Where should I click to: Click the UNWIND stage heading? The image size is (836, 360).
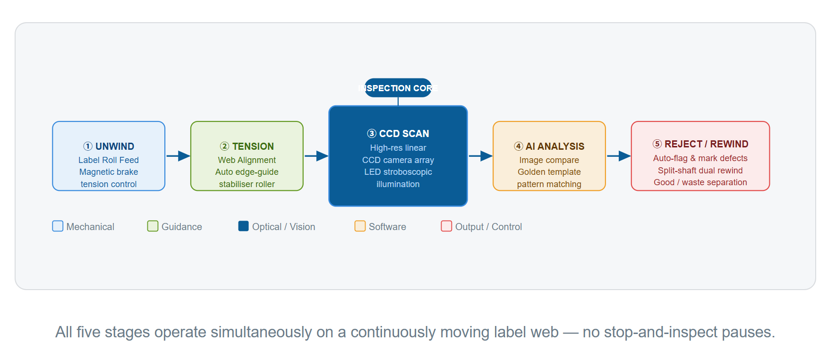pyautogui.click(x=109, y=146)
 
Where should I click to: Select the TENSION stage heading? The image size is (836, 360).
pyautogui.click(x=247, y=146)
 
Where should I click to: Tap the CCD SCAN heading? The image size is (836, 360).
pyautogui.click(x=398, y=134)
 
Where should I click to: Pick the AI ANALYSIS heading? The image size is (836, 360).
pyautogui.click(x=549, y=146)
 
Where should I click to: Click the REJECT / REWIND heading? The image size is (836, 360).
pyautogui.click(x=700, y=144)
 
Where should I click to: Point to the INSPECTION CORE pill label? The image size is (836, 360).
pyautogui.click(x=398, y=88)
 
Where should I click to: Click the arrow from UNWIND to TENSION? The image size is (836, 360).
pyautogui.click(x=178, y=155)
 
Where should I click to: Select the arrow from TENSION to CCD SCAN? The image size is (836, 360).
pyautogui.click(x=316, y=155)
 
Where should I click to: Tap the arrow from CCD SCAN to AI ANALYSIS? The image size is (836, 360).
pyautogui.click(x=480, y=155)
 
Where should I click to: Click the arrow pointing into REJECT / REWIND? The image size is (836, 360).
pyautogui.click(x=619, y=155)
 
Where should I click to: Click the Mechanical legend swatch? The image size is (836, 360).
pyautogui.click(x=58, y=226)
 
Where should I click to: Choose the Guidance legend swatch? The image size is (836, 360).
pyautogui.click(x=153, y=226)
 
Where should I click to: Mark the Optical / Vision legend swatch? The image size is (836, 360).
pyautogui.click(x=243, y=226)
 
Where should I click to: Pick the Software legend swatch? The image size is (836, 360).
pyautogui.click(x=360, y=226)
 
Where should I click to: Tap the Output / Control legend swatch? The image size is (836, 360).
pyautogui.click(x=446, y=226)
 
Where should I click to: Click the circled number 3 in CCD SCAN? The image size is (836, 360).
pyautogui.click(x=372, y=134)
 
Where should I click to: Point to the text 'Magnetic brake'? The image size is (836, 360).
pyautogui.click(x=109, y=172)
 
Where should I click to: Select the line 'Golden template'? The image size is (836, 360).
pyautogui.click(x=549, y=172)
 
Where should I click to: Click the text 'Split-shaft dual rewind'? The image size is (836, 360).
pyautogui.click(x=700, y=171)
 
